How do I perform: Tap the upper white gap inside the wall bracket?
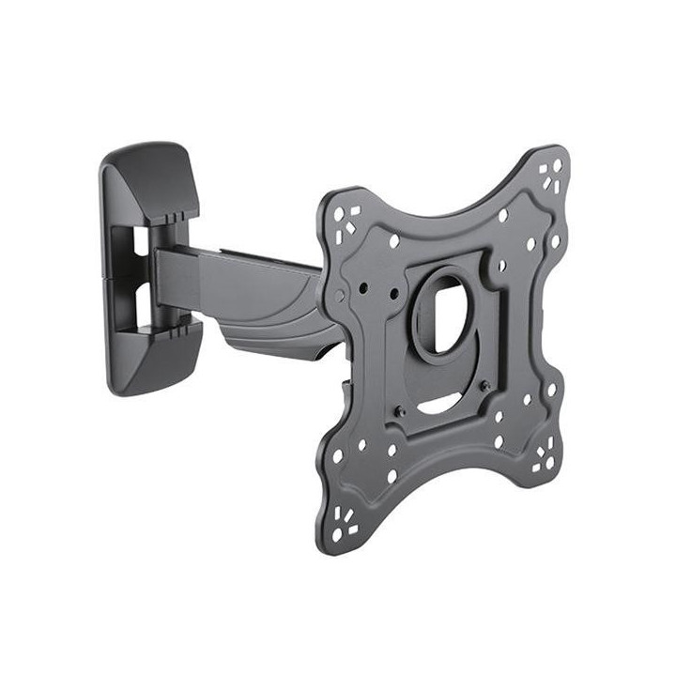(x=139, y=241)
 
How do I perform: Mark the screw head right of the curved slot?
(x=484, y=385)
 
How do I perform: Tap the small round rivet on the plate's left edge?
(x=339, y=297)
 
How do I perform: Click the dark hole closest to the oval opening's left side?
(x=394, y=295)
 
